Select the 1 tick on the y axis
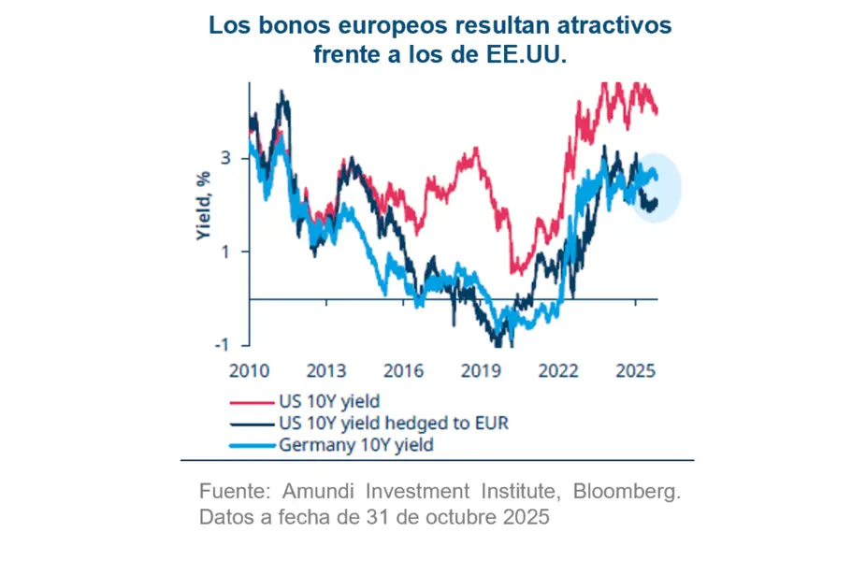tap(226, 251)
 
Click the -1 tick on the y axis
tap(223, 344)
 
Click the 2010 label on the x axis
tap(249, 370)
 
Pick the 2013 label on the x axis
tap(327, 370)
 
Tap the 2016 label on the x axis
tap(405, 370)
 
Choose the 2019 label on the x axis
tap(482, 370)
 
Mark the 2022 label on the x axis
tap(559, 370)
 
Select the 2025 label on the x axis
tap(636, 370)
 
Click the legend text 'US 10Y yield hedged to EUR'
tap(393, 424)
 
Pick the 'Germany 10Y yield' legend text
tap(356, 445)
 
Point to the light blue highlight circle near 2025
tap(655, 188)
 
